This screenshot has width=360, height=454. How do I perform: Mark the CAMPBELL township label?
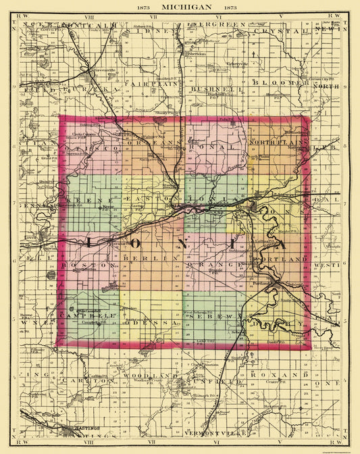click(x=88, y=316)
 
